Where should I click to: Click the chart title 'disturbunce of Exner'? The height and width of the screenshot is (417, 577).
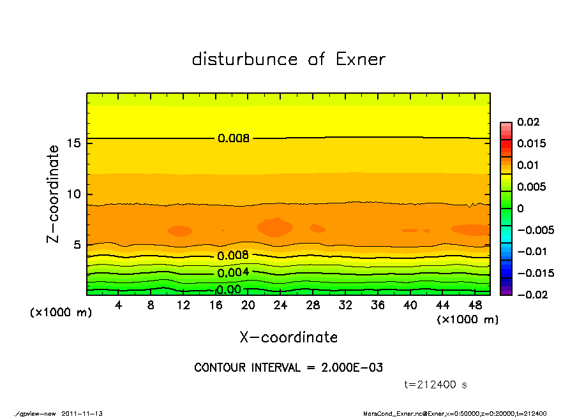coord(288,59)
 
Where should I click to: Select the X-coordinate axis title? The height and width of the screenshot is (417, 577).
coord(288,337)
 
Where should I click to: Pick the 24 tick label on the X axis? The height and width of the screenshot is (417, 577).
coord(280,305)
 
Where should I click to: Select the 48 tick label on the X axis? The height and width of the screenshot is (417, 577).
coord(475,305)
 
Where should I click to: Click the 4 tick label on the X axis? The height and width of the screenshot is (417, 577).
coord(119,305)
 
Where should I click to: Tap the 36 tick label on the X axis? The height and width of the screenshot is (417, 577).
coord(378,305)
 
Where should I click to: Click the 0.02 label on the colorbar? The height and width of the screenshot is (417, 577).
coord(528,122)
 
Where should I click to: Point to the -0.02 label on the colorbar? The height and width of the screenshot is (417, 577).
coord(531,295)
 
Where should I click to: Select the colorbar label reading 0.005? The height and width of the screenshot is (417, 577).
coord(531,187)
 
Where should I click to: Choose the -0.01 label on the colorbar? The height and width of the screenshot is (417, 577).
coord(531,251)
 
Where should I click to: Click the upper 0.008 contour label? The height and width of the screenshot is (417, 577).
coord(233,138)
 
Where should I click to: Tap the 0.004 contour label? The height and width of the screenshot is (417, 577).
coord(233,273)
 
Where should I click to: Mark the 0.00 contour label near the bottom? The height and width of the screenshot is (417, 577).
coord(229,289)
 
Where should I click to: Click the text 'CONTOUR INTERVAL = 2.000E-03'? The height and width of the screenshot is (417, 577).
coord(288,367)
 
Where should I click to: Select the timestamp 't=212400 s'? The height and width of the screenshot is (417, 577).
coord(436,384)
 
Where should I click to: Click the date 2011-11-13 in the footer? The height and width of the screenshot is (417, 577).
coord(82,413)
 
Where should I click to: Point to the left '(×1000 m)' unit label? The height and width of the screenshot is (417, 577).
coord(58,312)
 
